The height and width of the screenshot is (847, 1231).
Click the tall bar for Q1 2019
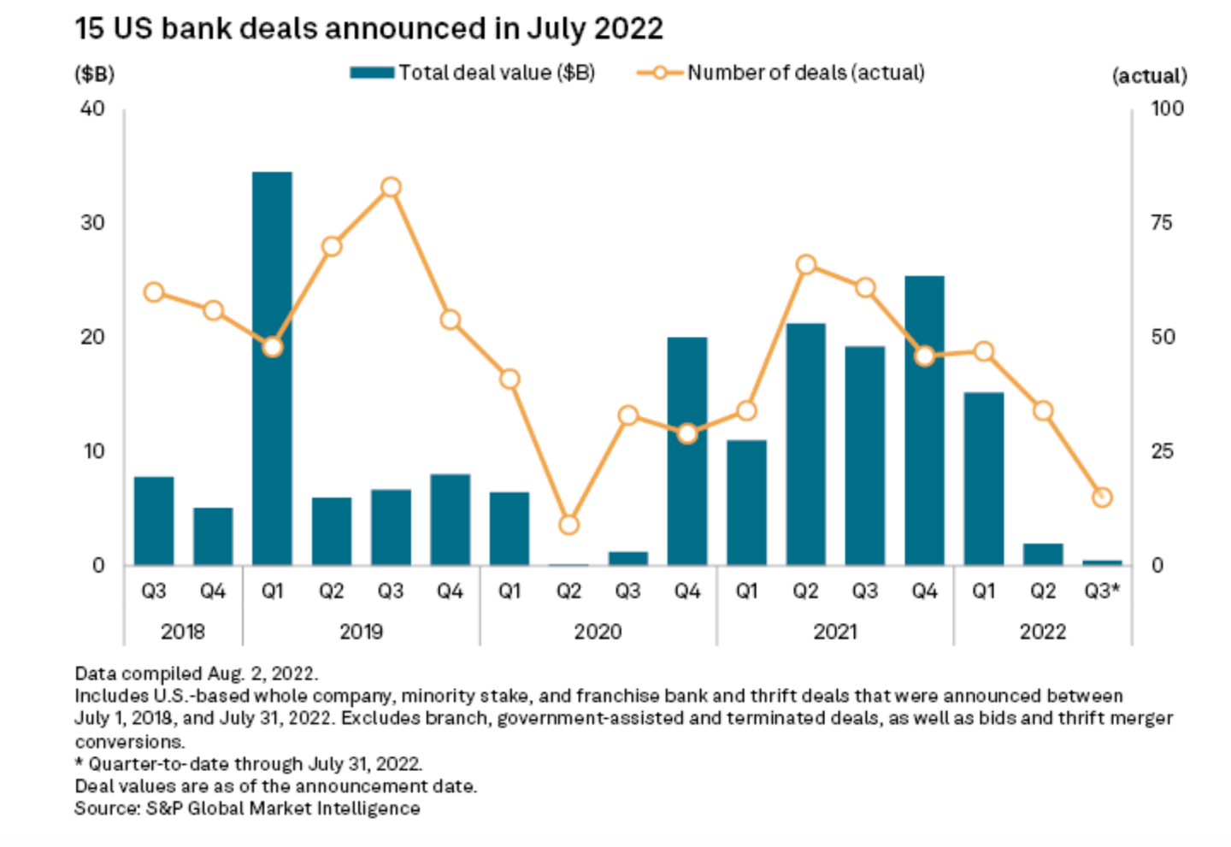click(272, 368)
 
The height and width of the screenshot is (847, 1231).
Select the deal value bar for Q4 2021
click(924, 420)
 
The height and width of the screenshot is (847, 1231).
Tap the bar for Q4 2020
click(687, 450)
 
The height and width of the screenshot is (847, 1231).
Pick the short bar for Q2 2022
click(1042, 554)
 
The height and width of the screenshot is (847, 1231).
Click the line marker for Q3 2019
click(391, 187)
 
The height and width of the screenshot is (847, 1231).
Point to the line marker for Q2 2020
click(568, 524)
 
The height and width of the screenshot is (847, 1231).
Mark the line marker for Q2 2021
click(805, 265)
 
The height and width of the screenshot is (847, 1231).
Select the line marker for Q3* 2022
click(1102, 497)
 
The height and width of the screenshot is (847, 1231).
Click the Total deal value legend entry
click(473, 73)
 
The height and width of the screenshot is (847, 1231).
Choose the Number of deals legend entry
click(781, 73)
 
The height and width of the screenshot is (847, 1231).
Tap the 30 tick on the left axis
click(92, 222)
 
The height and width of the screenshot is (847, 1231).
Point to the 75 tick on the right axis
click(1162, 222)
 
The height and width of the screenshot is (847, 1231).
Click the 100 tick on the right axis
click(1166, 109)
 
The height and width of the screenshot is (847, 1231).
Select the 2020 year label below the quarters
click(598, 632)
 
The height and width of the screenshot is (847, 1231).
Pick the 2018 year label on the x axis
click(183, 632)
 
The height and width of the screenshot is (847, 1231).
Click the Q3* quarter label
click(1102, 591)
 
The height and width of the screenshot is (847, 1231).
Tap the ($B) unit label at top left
click(94, 74)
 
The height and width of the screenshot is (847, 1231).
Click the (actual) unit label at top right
click(1149, 76)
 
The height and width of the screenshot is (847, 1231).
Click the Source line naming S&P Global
click(247, 809)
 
